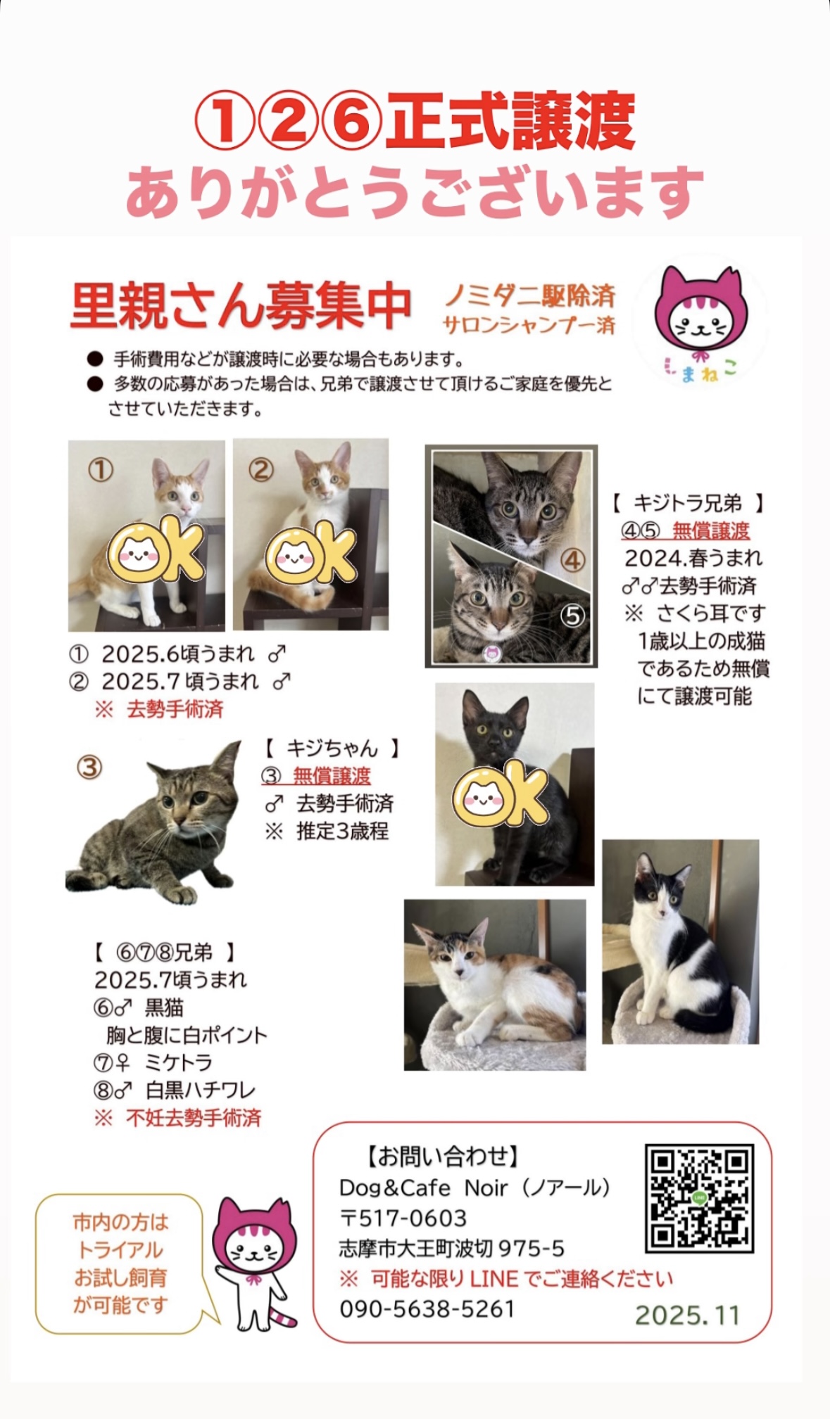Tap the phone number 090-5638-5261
[427, 1309]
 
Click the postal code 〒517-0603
[403, 1218]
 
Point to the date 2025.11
[687, 1315]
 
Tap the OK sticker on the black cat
[501, 794]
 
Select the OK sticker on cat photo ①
[156, 550]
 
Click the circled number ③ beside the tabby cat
[89, 767]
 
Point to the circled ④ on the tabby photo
[573, 561]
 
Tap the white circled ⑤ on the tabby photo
[573, 616]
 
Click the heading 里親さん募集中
[240, 307]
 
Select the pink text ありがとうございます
[415, 192]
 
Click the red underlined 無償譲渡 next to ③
[332, 775]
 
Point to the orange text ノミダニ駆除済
[530, 295]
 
